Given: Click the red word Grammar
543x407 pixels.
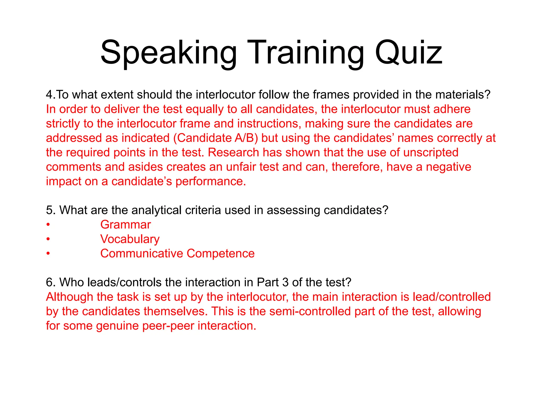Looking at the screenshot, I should click(x=125, y=225).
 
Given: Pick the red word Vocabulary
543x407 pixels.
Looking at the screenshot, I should click(x=130, y=239).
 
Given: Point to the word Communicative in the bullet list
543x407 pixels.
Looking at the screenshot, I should click(x=142, y=254).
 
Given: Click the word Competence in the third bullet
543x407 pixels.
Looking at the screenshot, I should click(x=221, y=254).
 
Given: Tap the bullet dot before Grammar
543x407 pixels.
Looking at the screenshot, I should click(x=48, y=225).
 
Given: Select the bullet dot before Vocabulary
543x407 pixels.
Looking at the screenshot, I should click(x=48, y=240).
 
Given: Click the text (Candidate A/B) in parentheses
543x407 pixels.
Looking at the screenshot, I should click(x=216, y=138).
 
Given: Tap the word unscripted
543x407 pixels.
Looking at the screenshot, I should click(x=431, y=153).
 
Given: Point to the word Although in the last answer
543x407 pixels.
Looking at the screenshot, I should click(x=69, y=297).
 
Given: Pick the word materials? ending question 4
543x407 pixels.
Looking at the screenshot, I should click(x=463, y=95).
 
